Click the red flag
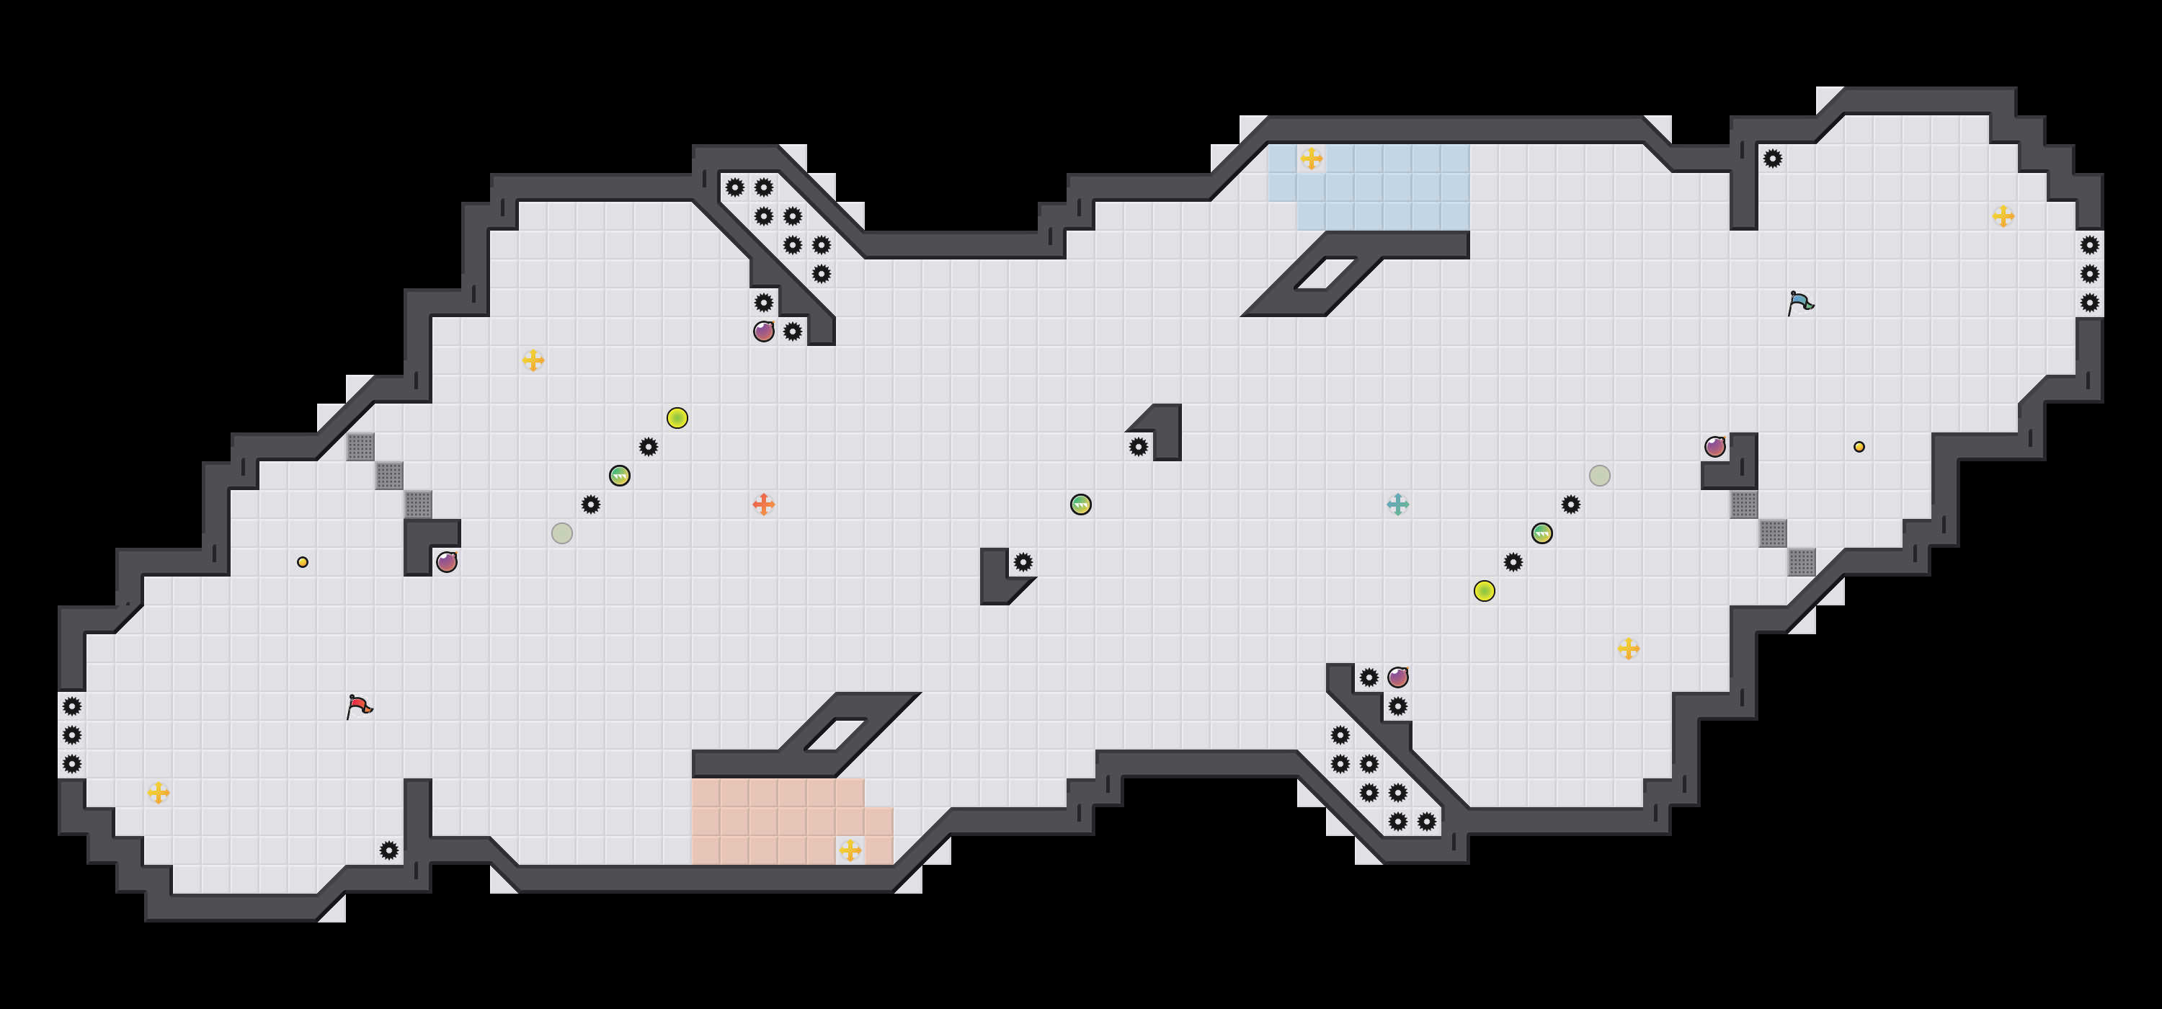click(x=359, y=706)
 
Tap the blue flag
click(x=1800, y=302)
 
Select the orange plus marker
click(x=763, y=504)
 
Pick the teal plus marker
click(x=1397, y=504)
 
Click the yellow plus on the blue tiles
click(x=1311, y=159)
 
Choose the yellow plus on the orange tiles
click(x=850, y=850)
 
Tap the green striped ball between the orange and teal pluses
click(x=1081, y=504)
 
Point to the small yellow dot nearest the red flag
click(x=302, y=562)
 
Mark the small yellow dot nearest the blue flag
click(x=1859, y=447)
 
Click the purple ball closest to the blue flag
click(x=1714, y=447)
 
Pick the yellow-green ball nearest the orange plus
click(x=677, y=418)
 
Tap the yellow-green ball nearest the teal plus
click(x=1484, y=591)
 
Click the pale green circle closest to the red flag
click(x=562, y=533)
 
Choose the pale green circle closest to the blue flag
click(x=1600, y=476)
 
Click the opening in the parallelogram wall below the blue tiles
click(x=1325, y=274)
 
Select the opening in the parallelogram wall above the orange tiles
click(x=835, y=734)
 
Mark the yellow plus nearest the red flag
click(x=159, y=793)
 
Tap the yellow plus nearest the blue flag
click(x=2003, y=216)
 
